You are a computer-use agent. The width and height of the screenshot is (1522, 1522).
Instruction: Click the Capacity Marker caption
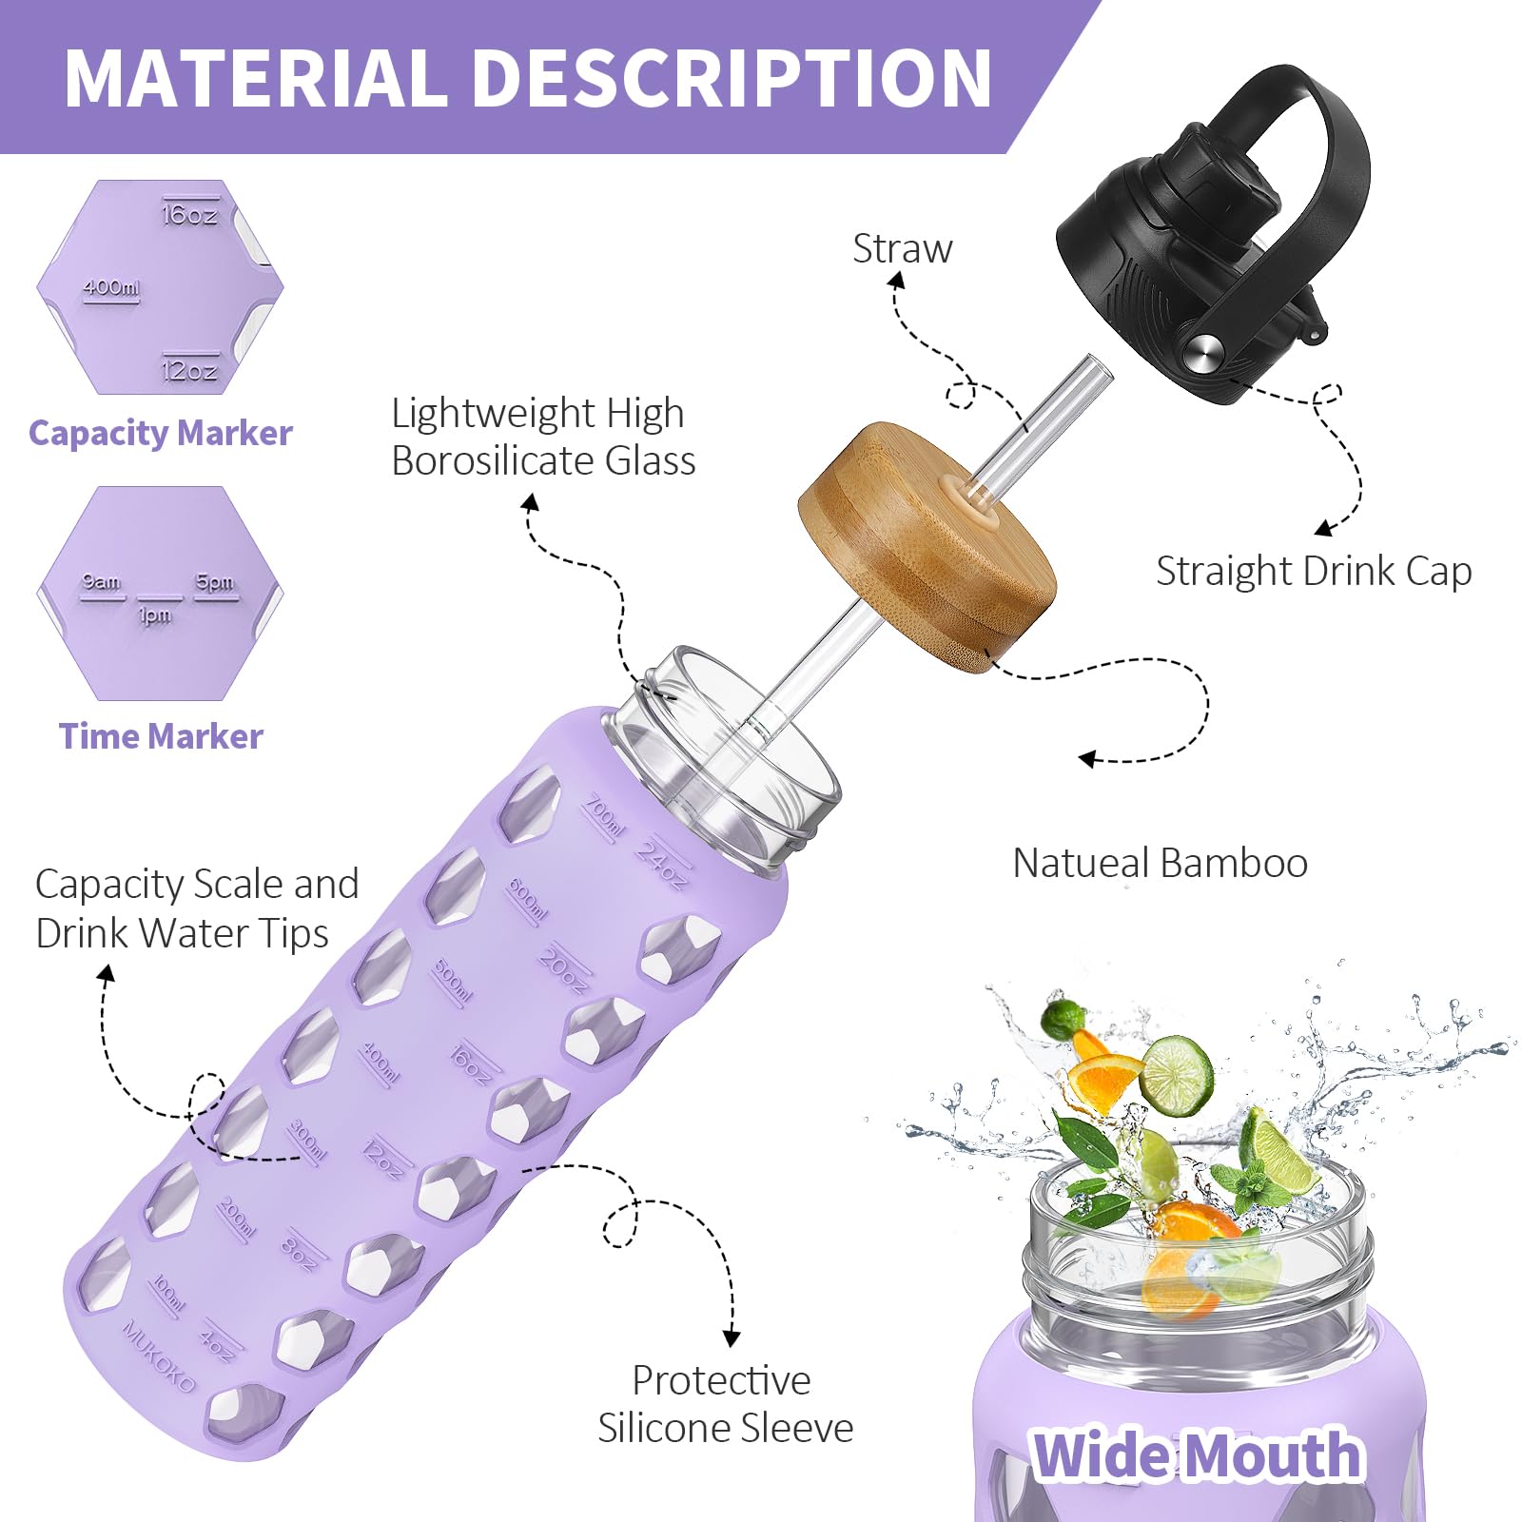161,433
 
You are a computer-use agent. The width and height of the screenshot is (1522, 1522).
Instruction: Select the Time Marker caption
161,736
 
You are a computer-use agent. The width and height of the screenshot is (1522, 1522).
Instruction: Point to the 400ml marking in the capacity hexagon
111,287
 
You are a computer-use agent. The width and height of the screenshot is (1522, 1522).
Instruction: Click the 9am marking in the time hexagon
102,581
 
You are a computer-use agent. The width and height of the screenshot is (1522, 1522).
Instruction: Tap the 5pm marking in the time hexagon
215,581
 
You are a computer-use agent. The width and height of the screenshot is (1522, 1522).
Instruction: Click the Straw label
902,249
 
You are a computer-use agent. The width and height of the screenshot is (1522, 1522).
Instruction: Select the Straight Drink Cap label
1314,572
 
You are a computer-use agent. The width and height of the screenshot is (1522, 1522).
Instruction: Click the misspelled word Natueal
1080,863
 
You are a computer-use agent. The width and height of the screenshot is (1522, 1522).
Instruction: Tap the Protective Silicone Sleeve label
725,1404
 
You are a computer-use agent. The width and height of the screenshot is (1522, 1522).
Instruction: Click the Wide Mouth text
1198,1455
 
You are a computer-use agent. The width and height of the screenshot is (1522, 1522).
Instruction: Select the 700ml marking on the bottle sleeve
603,817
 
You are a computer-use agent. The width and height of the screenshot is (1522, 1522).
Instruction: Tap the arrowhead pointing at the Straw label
895,281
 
